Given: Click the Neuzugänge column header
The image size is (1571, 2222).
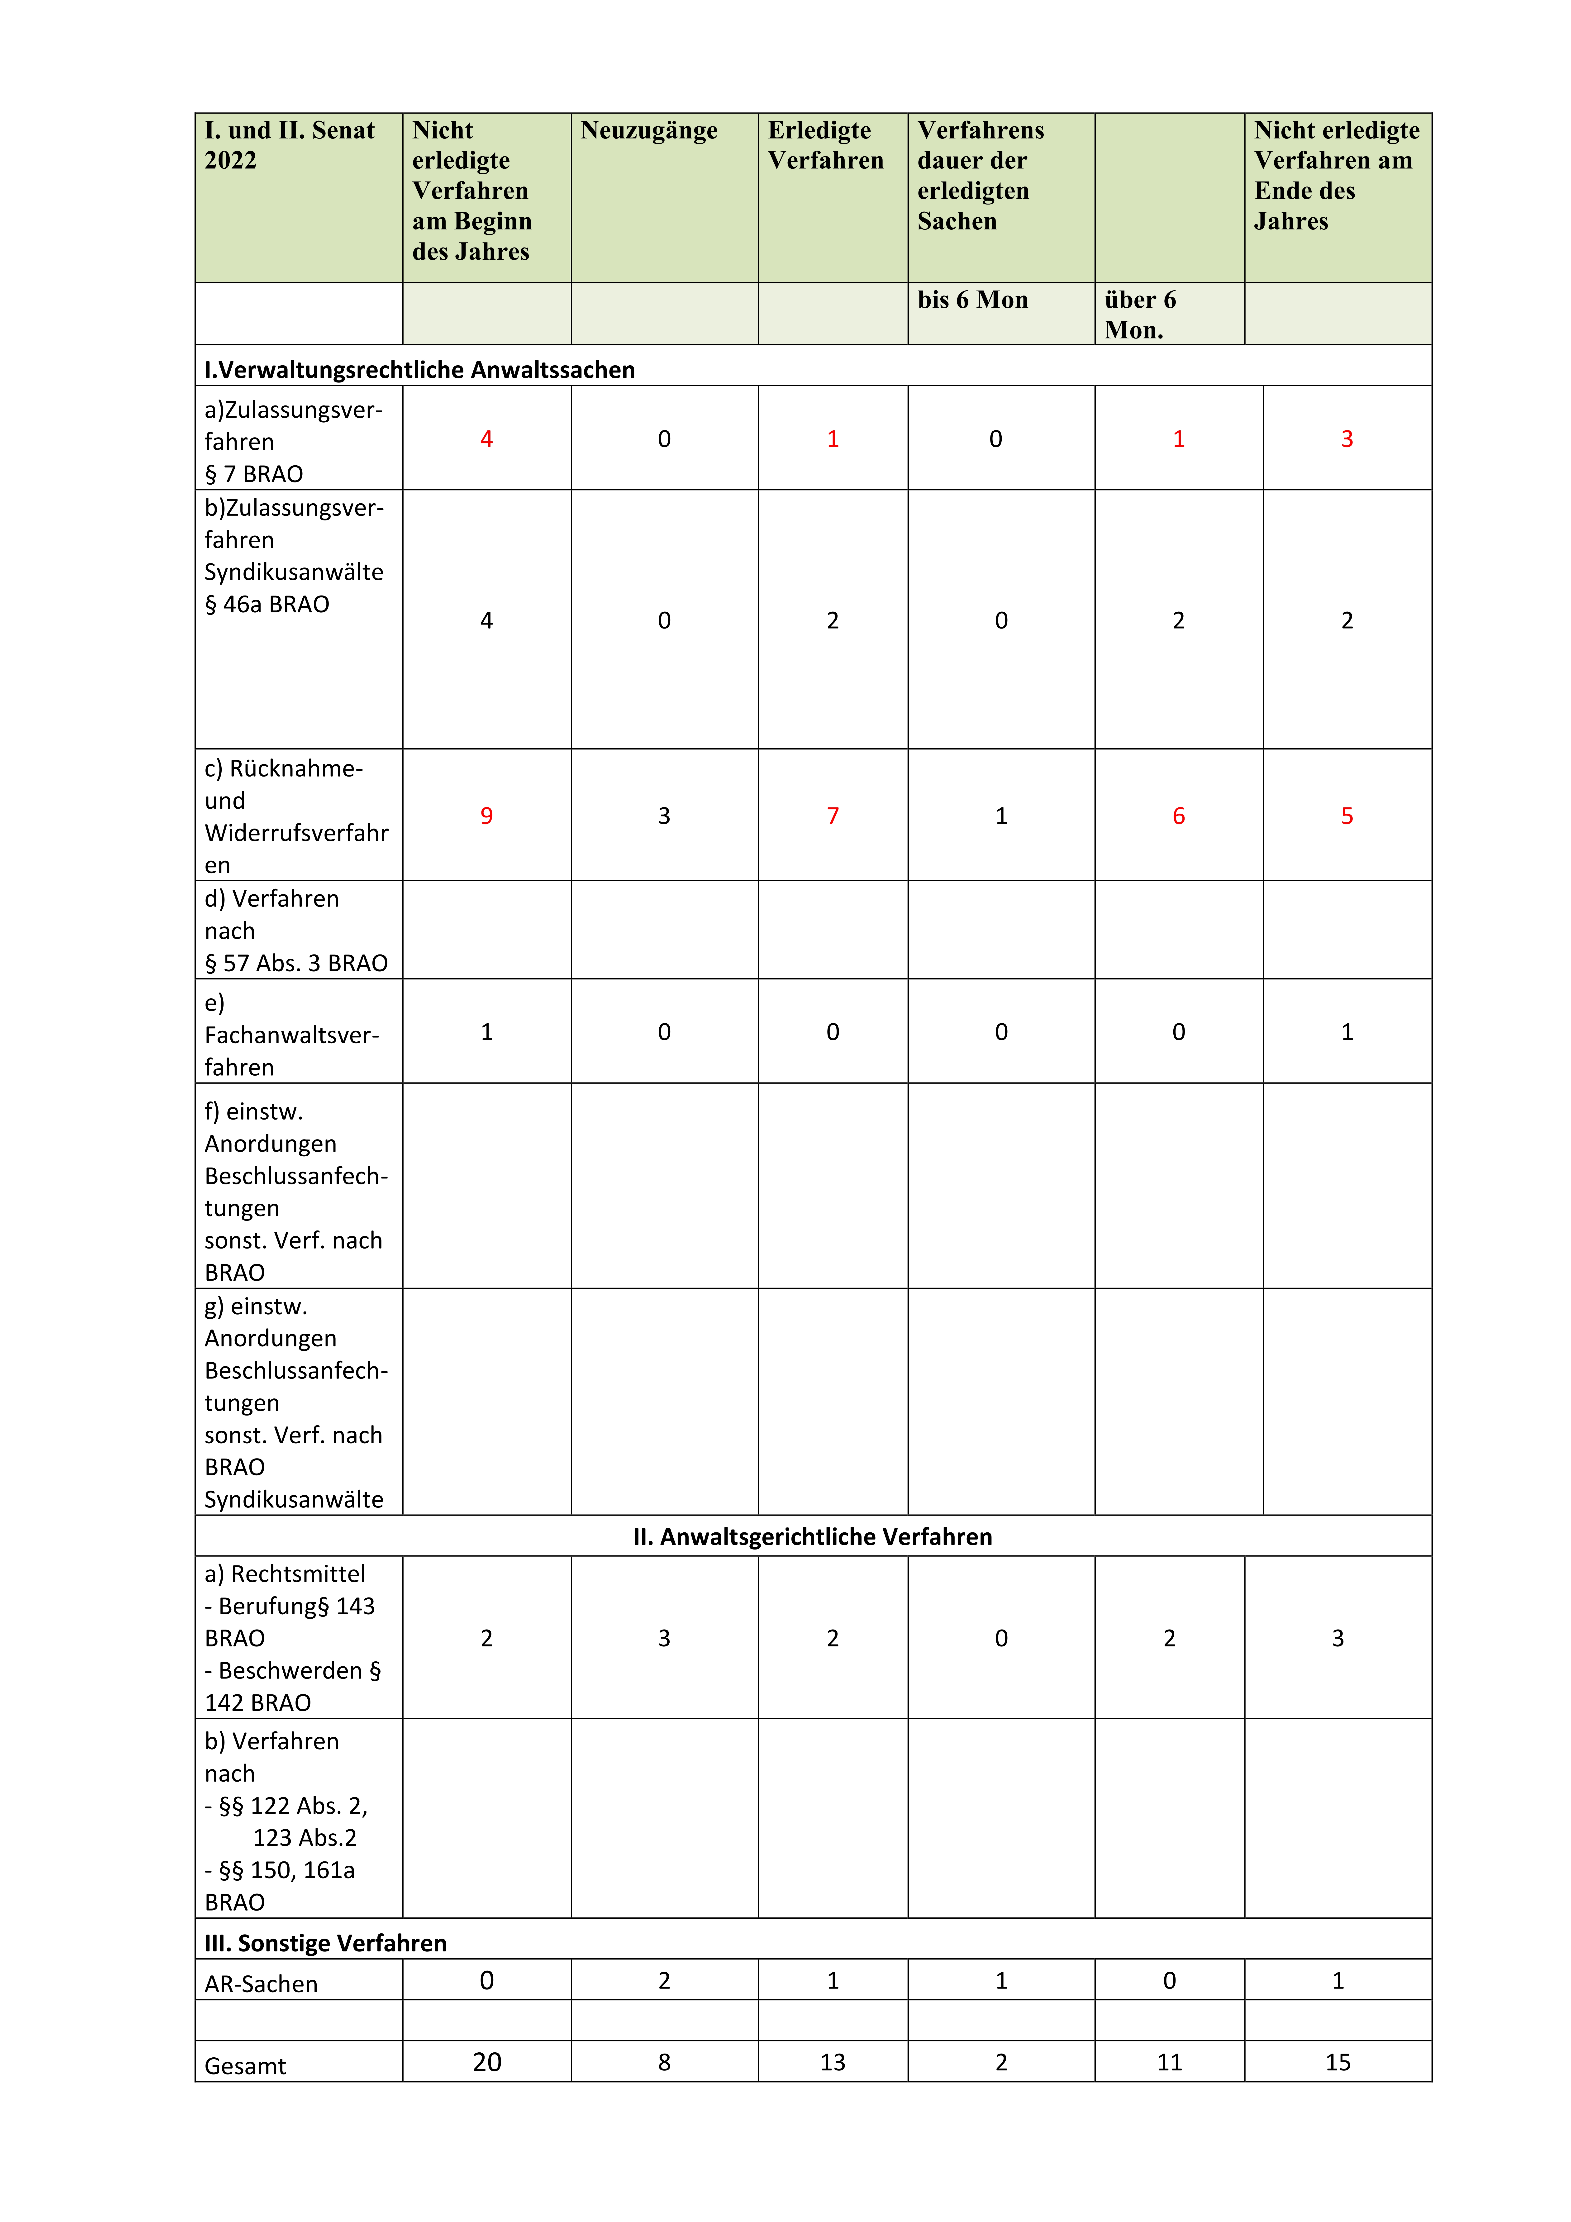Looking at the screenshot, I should [648, 131].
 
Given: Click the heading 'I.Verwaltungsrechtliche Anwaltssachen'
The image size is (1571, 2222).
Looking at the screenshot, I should [419, 370].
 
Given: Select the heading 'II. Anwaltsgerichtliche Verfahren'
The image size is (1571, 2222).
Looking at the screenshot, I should [812, 1537].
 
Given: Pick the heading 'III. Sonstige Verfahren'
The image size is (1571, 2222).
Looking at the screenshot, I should [325, 1943].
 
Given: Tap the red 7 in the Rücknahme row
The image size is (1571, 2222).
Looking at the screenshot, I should [833, 816].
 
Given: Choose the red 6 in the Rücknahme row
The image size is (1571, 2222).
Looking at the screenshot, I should [1178, 816].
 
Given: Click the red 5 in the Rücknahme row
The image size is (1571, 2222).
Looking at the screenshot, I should [1347, 816].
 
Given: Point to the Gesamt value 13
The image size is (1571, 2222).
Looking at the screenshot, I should [833, 2062].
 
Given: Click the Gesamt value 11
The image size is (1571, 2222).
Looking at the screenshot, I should [1169, 2062].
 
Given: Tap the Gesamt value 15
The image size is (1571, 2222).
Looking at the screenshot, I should [1338, 2062].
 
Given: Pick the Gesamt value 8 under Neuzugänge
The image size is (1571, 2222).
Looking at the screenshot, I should [664, 2062].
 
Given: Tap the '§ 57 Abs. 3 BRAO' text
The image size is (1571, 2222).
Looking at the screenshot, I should [295, 963].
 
